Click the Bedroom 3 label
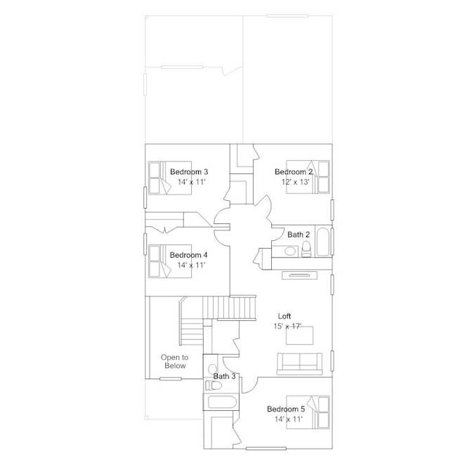pyautogui.click(x=189, y=172)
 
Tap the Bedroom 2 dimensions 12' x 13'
pyautogui.click(x=296, y=182)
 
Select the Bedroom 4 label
pyautogui.click(x=188, y=255)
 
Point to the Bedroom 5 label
pyautogui.click(x=286, y=409)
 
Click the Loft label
pyautogui.click(x=284, y=316)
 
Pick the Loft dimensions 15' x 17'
pyautogui.click(x=287, y=326)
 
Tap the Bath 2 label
pyautogui.click(x=299, y=235)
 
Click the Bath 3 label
pyautogui.click(x=224, y=376)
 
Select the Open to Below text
pyautogui.click(x=175, y=362)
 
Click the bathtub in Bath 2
pyautogui.click(x=323, y=242)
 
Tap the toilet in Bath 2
pyautogui.click(x=306, y=249)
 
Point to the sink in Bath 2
pyautogui.click(x=290, y=251)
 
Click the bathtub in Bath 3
pyautogui.click(x=221, y=402)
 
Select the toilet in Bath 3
pyautogui.click(x=213, y=385)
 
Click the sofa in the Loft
pyautogui.click(x=299, y=364)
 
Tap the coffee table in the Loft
pyautogui.click(x=299, y=335)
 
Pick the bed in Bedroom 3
pyautogui.click(x=170, y=178)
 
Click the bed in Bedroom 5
pyautogui.click(x=308, y=412)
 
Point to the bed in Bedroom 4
pyautogui.click(x=170, y=261)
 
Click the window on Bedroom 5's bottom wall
pyautogui.click(x=265, y=449)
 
